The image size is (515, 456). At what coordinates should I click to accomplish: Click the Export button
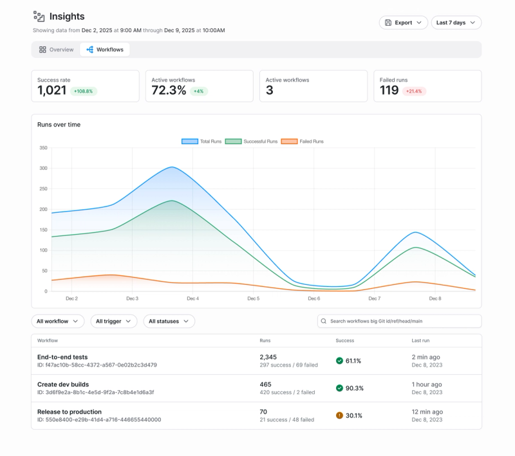(x=403, y=23)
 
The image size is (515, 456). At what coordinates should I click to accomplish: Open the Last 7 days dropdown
(x=456, y=23)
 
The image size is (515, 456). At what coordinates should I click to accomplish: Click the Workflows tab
(x=104, y=50)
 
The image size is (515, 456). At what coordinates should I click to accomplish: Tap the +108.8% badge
(x=83, y=91)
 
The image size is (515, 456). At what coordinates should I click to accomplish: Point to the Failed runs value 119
(x=389, y=91)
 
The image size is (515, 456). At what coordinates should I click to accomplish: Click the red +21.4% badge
(x=414, y=91)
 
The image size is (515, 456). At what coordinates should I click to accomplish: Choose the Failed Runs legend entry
(x=303, y=141)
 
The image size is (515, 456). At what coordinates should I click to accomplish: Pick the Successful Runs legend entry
(x=250, y=141)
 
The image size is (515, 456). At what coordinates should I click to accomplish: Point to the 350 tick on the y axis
(x=43, y=148)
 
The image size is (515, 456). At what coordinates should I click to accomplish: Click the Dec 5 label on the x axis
(x=253, y=298)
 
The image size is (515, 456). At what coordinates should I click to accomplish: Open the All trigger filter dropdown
(x=113, y=321)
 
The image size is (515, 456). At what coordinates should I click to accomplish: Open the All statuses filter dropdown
(x=169, y=321)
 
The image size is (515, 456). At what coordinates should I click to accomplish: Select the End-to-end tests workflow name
(x=62, y=357)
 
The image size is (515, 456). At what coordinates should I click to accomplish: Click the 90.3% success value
(x=355, y=388)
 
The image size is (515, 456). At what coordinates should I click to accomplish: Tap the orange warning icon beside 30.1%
(x=339, y=415)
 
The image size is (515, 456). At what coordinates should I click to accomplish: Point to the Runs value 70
(x=263, y=412)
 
